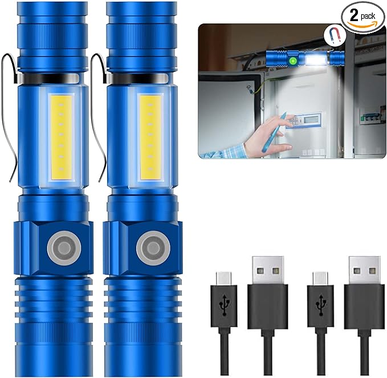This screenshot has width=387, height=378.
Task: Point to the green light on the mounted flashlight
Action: click(292, 60)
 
